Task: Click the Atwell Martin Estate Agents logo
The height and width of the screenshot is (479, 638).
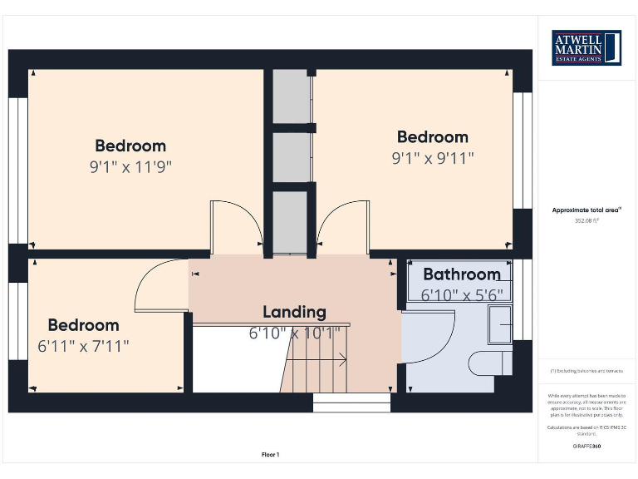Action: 586,47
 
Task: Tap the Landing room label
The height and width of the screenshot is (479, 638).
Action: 294,312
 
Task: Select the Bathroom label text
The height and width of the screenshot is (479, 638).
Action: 461,274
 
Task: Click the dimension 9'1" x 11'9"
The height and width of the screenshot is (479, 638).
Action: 130,166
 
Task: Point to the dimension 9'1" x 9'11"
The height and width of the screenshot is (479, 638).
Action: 433,157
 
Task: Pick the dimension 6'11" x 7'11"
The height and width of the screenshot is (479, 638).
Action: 83,346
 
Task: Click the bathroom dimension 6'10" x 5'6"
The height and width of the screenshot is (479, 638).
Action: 461,294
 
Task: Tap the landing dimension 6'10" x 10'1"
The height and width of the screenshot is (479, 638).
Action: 294,333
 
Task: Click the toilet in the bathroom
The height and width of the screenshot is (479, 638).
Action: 490,363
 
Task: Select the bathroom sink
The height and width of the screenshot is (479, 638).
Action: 501,323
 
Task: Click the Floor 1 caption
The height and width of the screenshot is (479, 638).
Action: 271,455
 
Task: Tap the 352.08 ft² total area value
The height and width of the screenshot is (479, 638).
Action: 586,221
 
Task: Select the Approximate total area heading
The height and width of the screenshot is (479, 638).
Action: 586,210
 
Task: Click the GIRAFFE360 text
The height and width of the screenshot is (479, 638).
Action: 586,447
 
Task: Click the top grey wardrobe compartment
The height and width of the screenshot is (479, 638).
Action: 291,96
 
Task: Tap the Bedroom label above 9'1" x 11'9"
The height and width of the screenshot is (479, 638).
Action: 130,146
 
